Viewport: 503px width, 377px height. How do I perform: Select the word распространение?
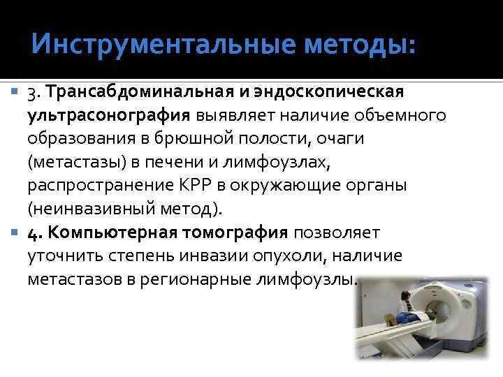tap(101, 186)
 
